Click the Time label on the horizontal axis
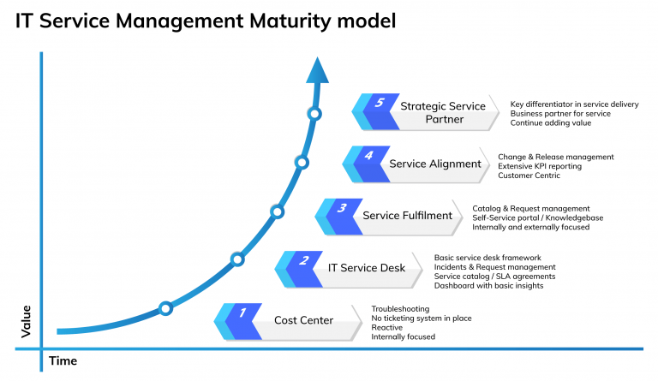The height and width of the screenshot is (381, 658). coord(63,360)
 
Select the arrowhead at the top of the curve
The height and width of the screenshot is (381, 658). coord(317,69)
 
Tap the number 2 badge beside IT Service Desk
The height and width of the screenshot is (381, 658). coord(303,261)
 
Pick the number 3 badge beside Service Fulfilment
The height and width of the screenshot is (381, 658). coord(342,208)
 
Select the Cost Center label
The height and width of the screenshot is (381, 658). coord(303,320)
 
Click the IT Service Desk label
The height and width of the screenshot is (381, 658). coord(367,268)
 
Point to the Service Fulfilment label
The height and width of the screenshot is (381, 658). coord(407,216)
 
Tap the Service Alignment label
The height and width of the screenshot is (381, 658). coord(434,164)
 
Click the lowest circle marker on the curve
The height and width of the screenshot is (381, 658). coord(165,307)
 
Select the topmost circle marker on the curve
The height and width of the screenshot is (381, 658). coord(314,114)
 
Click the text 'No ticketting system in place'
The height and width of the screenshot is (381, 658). coord(421,318)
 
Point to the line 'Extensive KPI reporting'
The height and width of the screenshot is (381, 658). coord(540,166)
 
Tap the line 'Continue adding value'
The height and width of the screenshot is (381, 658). coord(550,123)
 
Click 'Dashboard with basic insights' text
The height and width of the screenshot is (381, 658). coord(488,285)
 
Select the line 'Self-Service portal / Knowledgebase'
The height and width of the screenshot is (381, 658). coord(537,217)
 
